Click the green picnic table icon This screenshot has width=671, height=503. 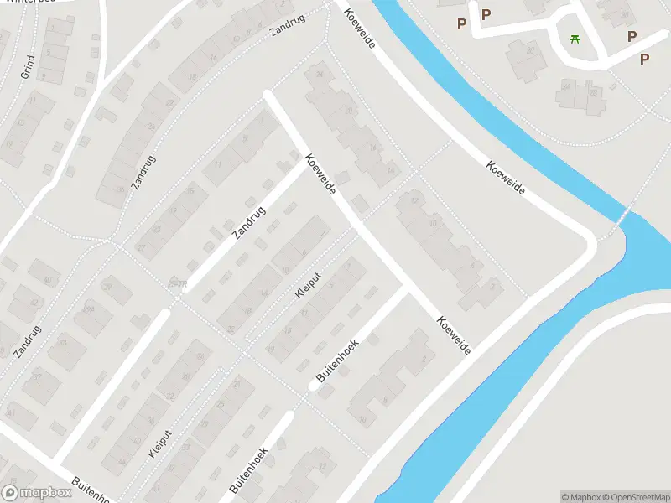coord(575,39)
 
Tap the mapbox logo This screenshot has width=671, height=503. coord(36,493)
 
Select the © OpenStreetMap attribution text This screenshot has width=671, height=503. coord(635,497)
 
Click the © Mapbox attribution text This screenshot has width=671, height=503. coord(580,497)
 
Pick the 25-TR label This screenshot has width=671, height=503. coord(177,285)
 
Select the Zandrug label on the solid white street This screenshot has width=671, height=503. coord(249,222)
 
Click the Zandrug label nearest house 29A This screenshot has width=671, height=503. coord(27,341)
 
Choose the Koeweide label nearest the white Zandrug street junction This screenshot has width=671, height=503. coord(320,174)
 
